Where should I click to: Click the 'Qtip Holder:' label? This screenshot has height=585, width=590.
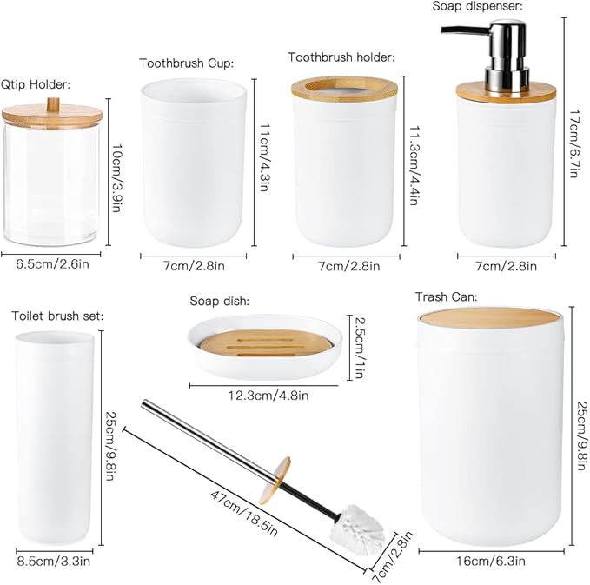[x=36, y=84]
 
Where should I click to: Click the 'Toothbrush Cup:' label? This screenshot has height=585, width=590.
[x=186, y=63]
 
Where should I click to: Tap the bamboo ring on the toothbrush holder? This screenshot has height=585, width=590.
[x=345, y=88]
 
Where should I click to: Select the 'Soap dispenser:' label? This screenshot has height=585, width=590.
[x=477, y=6]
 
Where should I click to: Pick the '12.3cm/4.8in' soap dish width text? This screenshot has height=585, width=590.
[x=268, y=395]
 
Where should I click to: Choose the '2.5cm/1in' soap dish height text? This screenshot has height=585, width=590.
[x=357, y=347]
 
